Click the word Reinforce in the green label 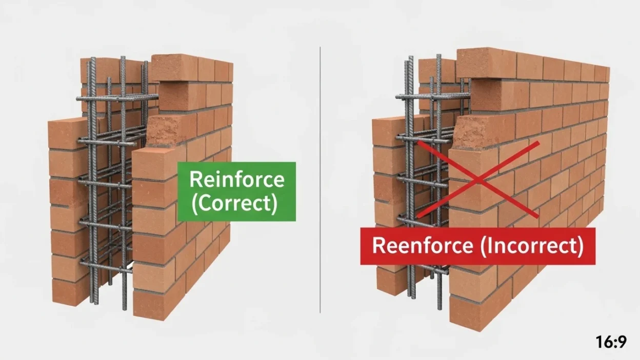(236, 180)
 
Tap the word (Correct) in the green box (236, 204)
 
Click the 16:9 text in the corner (611, 342)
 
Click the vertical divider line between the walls (321, 179)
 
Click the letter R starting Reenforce (378, 246)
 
